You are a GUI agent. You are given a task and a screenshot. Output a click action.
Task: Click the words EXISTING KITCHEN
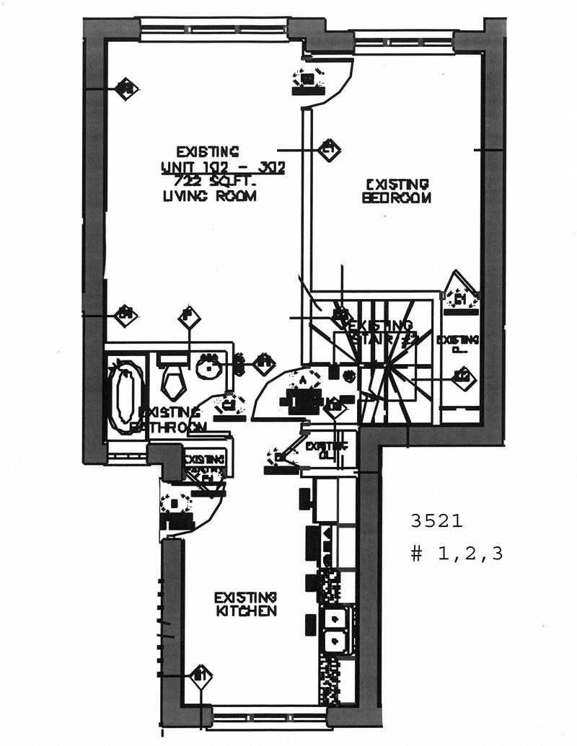245,604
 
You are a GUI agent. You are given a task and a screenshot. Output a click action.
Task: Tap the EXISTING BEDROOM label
397,191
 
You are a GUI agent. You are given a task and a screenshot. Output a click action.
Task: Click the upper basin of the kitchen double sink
335,618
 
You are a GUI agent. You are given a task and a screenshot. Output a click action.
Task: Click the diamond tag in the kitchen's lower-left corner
201,676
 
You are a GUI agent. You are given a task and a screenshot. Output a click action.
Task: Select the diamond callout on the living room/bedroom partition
329,149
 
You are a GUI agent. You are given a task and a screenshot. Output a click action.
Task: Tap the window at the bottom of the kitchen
270,717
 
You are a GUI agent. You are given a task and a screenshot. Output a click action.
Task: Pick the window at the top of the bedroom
405,41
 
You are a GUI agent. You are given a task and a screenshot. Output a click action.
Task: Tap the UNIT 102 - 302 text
223,166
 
